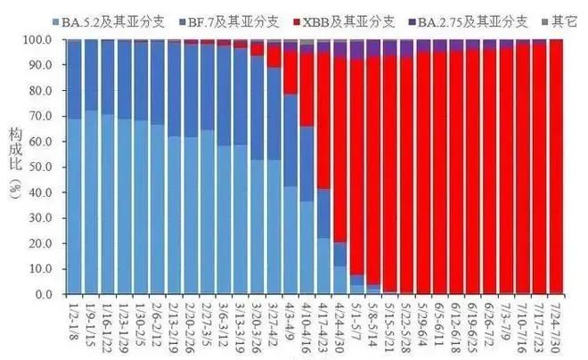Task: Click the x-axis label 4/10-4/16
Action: [306, 324]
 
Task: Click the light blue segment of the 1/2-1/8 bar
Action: [75, 205]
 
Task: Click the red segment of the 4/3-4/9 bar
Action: [290, 71]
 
